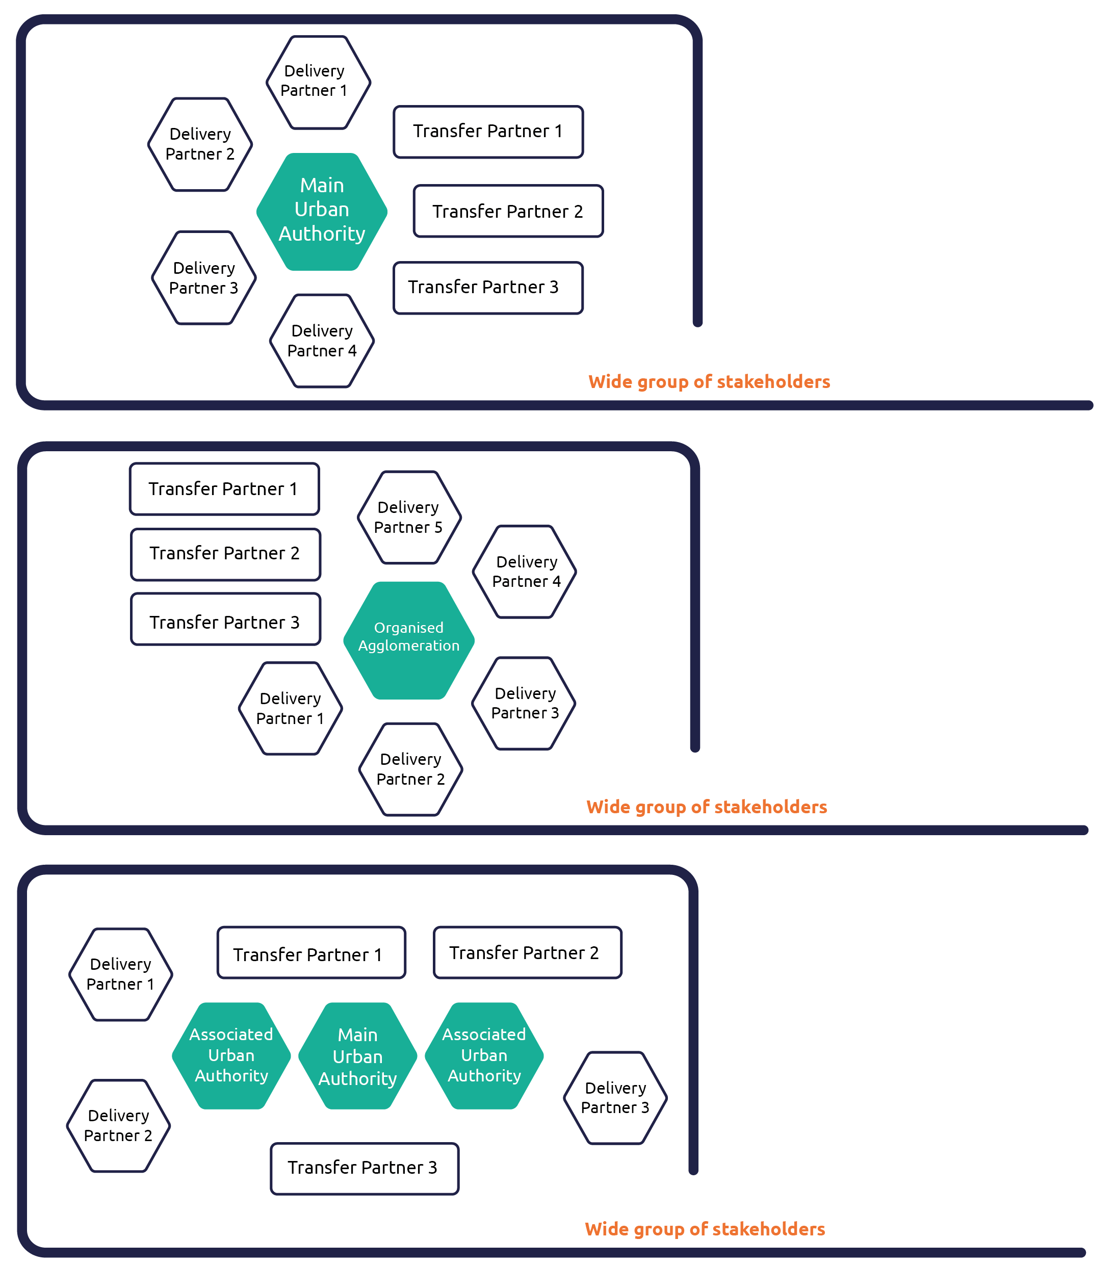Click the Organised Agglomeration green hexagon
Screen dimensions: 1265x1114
pos(408,640)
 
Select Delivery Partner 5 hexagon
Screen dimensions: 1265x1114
pos(409,518)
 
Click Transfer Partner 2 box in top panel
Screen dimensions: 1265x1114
pos(507,211)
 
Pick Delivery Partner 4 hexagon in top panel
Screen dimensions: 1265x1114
pos(322,341)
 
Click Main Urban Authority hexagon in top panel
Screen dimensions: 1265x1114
pos(322,211)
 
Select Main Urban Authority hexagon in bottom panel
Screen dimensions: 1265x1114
pos(358,1056)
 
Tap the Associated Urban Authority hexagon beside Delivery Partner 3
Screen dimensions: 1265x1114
pos(484,1055)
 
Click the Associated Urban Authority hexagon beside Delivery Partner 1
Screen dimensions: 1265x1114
pos(231,1055)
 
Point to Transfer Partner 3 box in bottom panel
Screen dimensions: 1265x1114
pos(364,1168)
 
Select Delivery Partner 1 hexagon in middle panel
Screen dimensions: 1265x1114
pos(290,708)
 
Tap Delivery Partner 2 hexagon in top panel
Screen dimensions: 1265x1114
pos(200,144)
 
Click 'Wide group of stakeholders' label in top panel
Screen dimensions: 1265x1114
pos(709,382)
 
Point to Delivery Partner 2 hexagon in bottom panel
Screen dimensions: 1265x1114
pos(118,1125)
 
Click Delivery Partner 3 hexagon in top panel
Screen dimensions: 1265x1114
pos(203,278)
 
